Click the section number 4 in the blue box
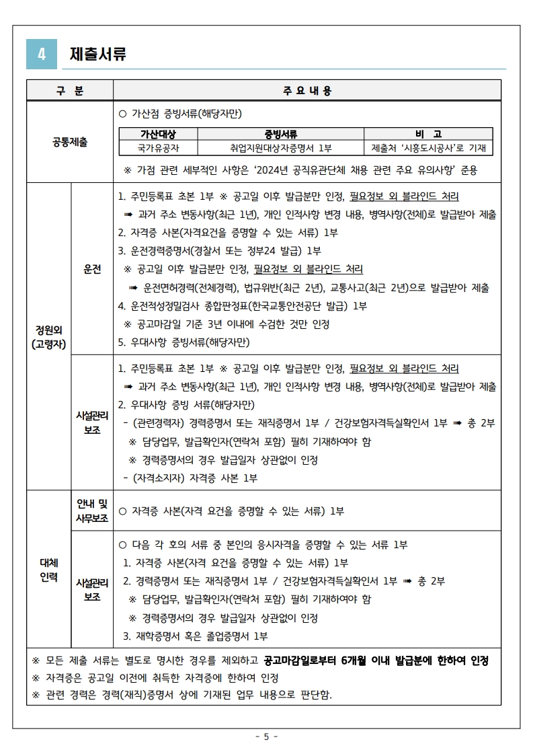click(42, 54)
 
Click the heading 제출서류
click(98, 54)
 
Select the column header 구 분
click(70, 90)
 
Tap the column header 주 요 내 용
click(307, 90)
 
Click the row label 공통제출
click(70, 142)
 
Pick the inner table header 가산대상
click(158, 134)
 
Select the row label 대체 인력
click(48, 569)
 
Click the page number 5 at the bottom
click(266, 736)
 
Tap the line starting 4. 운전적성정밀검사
click(242, 306)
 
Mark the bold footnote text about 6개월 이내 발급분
click(376, 660)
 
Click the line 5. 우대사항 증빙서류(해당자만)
click(183, 342)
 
